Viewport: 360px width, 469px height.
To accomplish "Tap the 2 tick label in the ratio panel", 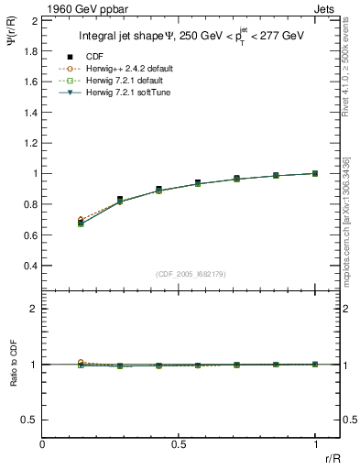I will click(x=35, y=310).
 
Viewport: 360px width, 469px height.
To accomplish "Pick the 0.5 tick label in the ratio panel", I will click(x=31, y=420).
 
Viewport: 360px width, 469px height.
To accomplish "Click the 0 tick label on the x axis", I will click(x=43, y=443).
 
